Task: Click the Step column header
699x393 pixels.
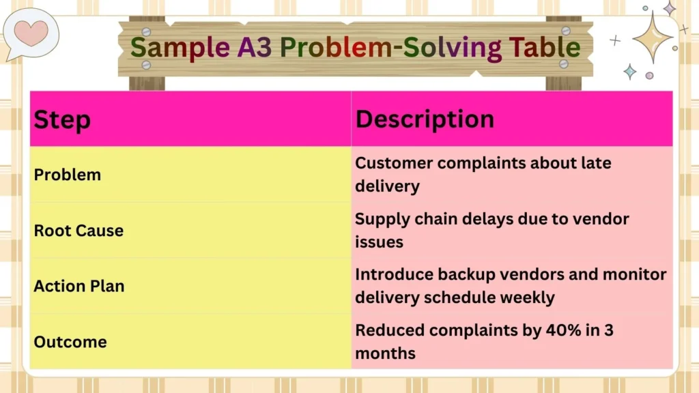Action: coord(62,119)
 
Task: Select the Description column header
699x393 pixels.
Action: coord(425,119)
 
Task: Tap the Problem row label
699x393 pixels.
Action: coord(68,175)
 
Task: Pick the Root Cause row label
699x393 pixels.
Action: coord(79,231)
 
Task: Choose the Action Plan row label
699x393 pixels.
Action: coord(79,286)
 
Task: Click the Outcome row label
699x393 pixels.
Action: coord(70,341)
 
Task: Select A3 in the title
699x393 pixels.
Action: coord(257,48)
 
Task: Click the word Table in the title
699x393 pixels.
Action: coord(544,48)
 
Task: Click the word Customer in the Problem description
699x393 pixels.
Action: coord(393,164)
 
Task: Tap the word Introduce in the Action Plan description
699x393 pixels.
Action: coord(393,274)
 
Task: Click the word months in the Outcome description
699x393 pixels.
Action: coord(385,353)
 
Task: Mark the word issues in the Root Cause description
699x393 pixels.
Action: coord(379,242)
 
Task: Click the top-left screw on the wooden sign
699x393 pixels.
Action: coord(146,32)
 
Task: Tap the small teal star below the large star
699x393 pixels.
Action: coord(629,72)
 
